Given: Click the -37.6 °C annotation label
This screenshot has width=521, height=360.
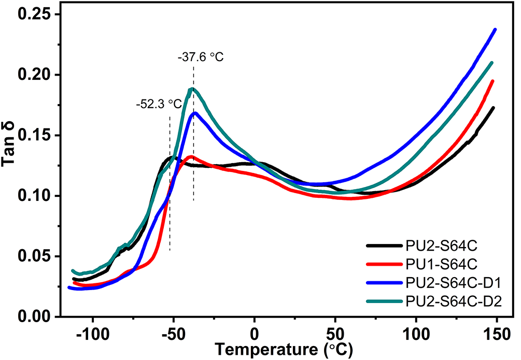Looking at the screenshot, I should [x=201, y=57].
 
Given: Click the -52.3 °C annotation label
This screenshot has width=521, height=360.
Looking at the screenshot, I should [x=159, y=104].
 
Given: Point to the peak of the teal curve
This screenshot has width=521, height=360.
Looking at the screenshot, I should [x=192, y=89].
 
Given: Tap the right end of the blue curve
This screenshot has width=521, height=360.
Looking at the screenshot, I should [x=496, y=30].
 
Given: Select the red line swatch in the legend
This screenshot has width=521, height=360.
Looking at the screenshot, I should [x=384, y=264].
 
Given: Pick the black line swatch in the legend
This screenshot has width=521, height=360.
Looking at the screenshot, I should [x=384, y=246].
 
